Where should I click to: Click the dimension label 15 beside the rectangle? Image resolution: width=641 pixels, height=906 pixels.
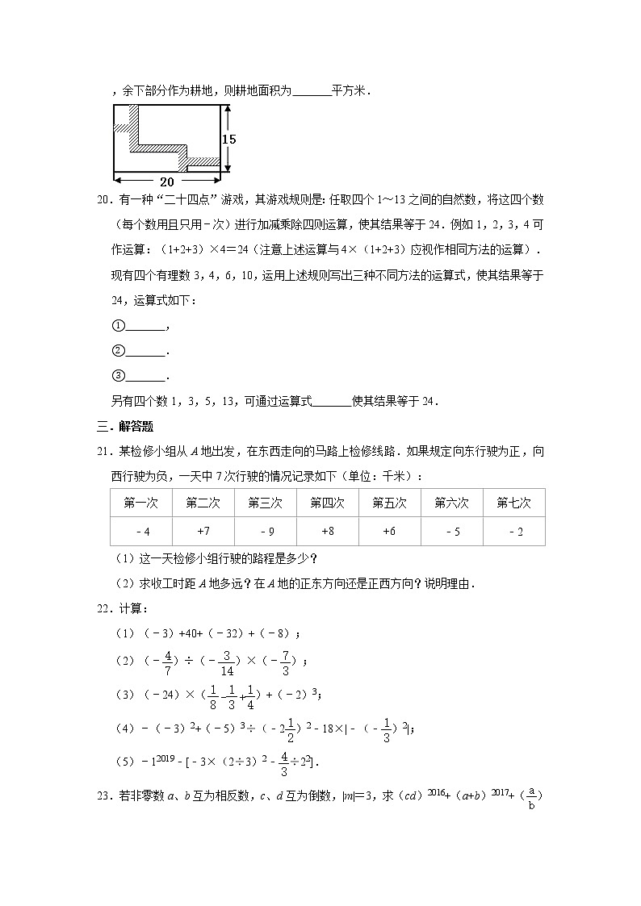click(229, 139)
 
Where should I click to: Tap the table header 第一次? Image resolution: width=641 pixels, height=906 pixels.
click(140, 503)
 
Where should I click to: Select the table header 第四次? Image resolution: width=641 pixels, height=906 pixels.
click(327, 503)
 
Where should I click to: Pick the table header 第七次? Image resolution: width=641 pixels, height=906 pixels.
click(513, 503)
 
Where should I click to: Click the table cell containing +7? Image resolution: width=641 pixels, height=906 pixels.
click(203, 531)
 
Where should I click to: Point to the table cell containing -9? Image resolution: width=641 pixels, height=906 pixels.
click(265, 531)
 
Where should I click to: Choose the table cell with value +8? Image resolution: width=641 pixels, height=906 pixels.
click(327, 531)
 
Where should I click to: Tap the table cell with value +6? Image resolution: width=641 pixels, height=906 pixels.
click(389, 531)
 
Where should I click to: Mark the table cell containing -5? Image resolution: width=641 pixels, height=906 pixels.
click(451, 531)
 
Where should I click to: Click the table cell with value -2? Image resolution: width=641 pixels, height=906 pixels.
click(513, 531)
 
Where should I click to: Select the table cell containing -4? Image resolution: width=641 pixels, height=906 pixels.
click(141, 531)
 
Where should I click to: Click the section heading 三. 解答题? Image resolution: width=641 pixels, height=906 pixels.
click(125, 427)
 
